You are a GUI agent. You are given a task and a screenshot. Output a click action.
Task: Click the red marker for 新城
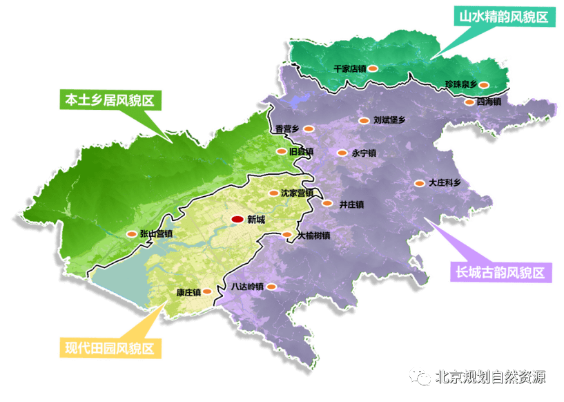(237, 220)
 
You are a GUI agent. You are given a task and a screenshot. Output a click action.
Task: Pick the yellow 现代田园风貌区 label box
(110, 347)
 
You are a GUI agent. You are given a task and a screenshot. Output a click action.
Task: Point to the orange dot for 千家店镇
(372, 68)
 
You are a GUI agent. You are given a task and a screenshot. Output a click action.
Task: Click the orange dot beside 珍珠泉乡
(485, 85)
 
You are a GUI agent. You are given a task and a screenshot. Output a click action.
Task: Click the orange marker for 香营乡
(309, 128)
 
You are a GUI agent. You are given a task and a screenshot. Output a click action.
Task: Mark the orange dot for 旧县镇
(281, 151)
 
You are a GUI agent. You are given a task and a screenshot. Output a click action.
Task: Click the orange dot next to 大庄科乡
(419, 183)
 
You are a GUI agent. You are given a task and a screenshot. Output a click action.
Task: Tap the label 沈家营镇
(297, 193)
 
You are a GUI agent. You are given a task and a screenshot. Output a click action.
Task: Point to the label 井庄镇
(352, 204)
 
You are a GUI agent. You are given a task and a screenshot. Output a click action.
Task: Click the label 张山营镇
(155, 234)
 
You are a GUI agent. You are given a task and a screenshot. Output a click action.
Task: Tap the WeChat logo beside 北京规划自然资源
(420, 376)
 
